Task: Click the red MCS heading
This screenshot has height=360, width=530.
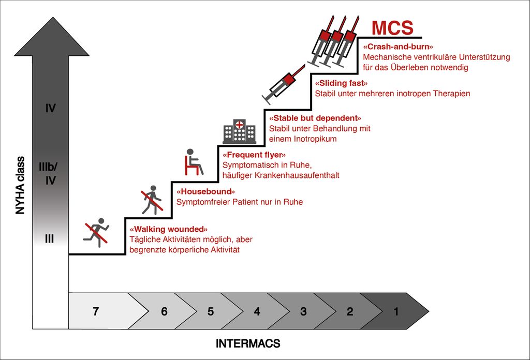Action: click(x=392, y=27)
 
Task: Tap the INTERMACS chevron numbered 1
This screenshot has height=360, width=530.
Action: click(x=396, y=311)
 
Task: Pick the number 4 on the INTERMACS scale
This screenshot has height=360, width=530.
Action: click(x=257, y=311)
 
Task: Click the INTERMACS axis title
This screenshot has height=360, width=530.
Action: click(x=248, y=343)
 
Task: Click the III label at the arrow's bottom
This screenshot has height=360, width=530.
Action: click(x=50, y=239)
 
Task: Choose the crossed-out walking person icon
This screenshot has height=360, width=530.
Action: click(x=152, y=199)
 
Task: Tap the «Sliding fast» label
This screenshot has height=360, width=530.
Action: click(x=341, y=83)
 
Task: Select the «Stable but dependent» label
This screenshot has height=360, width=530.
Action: click(x=315, y=118)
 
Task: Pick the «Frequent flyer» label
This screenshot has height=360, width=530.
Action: click(x=254, y=155)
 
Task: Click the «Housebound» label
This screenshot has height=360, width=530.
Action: click(x=205, y=192)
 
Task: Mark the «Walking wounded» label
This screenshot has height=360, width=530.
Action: click(x=169, y=229)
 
